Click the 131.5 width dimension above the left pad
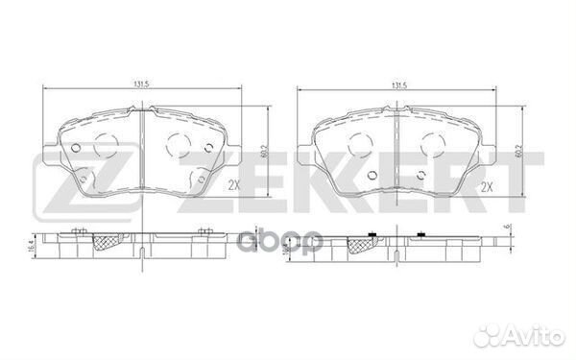coord(140,84)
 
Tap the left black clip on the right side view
coord(372,235)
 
